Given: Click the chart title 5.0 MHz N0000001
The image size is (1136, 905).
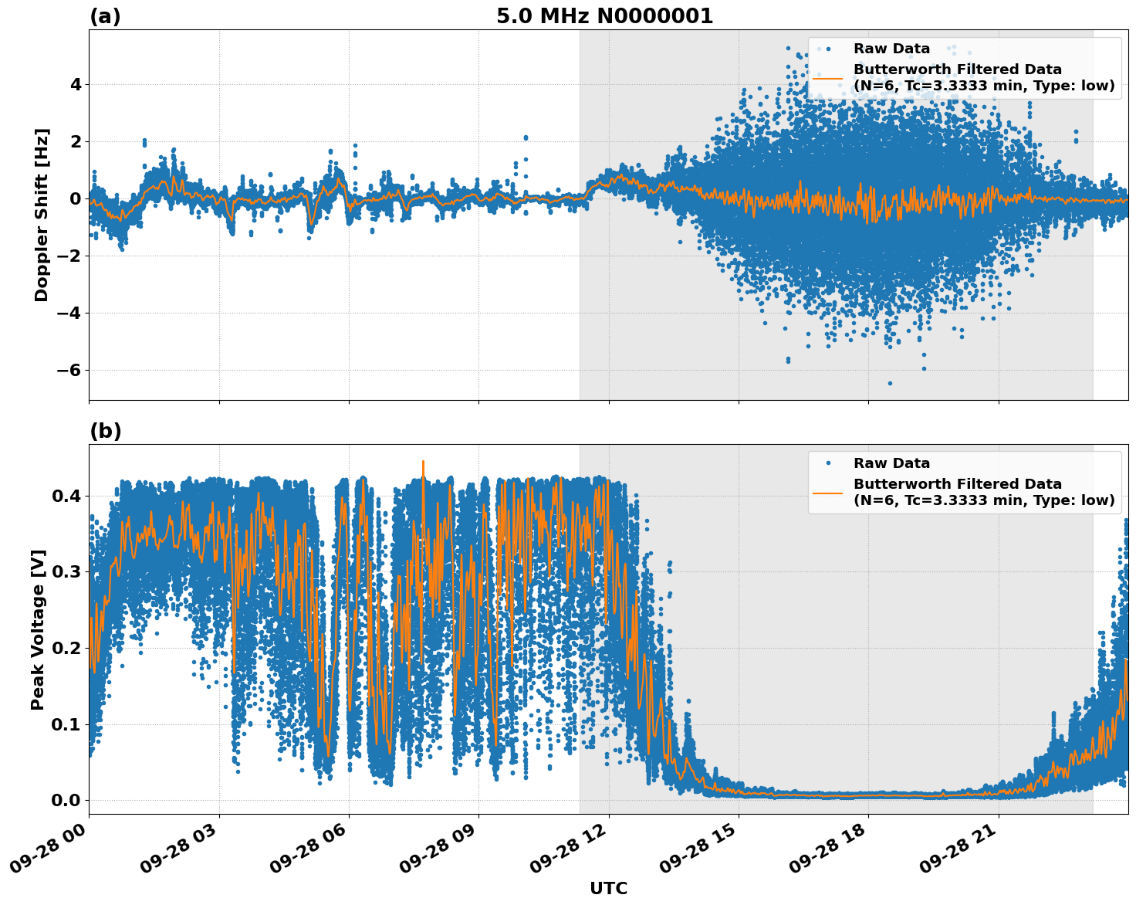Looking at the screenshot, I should (604, 16).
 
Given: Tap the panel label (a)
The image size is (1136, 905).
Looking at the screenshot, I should (105, 16).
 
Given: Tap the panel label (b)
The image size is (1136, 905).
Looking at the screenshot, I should (105, 431).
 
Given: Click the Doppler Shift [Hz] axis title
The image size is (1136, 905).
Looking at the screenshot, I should (42, 215).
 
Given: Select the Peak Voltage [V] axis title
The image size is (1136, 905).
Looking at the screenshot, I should (38, 629).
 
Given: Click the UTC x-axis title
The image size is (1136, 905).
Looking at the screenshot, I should (608, 888).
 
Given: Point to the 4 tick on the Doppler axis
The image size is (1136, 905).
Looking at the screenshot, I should (75, 84).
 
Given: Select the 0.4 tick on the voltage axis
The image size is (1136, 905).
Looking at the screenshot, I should (66, 496).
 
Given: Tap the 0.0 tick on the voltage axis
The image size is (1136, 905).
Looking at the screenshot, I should (66, 800).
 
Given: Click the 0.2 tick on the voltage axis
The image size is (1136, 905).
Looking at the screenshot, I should (66, 648).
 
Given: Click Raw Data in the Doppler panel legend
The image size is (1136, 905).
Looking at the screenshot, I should (891, 49).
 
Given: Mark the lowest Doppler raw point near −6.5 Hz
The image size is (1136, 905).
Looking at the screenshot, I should (890, 383).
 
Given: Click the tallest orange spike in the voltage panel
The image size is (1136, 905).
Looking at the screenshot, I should (423, 462).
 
